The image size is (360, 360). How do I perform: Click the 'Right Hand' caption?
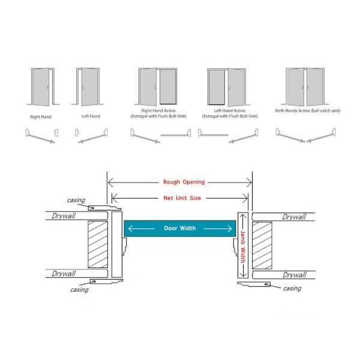coord(41,116)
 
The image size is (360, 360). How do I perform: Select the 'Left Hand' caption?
coord(91,116)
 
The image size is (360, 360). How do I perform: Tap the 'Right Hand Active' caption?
coord(158,110)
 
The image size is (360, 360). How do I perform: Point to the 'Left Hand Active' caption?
coord(230,110)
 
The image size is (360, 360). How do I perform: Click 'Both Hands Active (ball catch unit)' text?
coord(308,110)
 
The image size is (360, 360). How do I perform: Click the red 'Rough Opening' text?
coord(184,182)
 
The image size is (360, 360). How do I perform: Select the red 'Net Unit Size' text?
coord(182,198)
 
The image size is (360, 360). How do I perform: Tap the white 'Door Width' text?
coord(180,228)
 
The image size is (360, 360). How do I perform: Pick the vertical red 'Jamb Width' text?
coord(243,247)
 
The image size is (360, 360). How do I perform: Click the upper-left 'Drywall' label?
coord(64,216)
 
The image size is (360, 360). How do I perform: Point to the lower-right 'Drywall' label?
coord(295,275)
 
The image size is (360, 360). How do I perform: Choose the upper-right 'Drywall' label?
coord(294,217)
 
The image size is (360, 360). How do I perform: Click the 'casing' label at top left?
coord(76,200)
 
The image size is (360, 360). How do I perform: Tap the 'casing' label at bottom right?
coord(292,288)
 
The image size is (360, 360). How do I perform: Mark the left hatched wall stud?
coord(98,244)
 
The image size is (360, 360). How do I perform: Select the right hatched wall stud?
coord(262,245)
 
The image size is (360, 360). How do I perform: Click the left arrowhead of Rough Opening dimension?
coord(110,183)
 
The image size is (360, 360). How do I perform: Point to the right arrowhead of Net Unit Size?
coord(245,198)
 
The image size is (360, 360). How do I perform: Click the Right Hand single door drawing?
coord(43,86)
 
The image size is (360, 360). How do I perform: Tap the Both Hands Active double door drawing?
coord(305,86)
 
